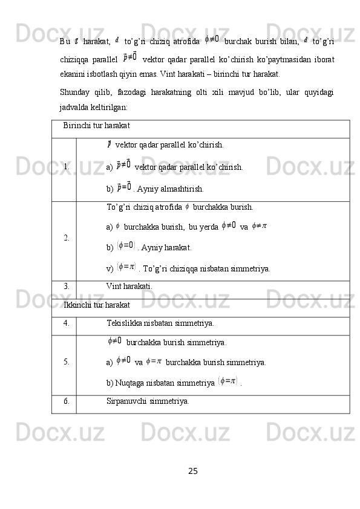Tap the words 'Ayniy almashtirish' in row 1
coord(167,189)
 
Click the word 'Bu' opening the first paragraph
coord(65,41)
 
